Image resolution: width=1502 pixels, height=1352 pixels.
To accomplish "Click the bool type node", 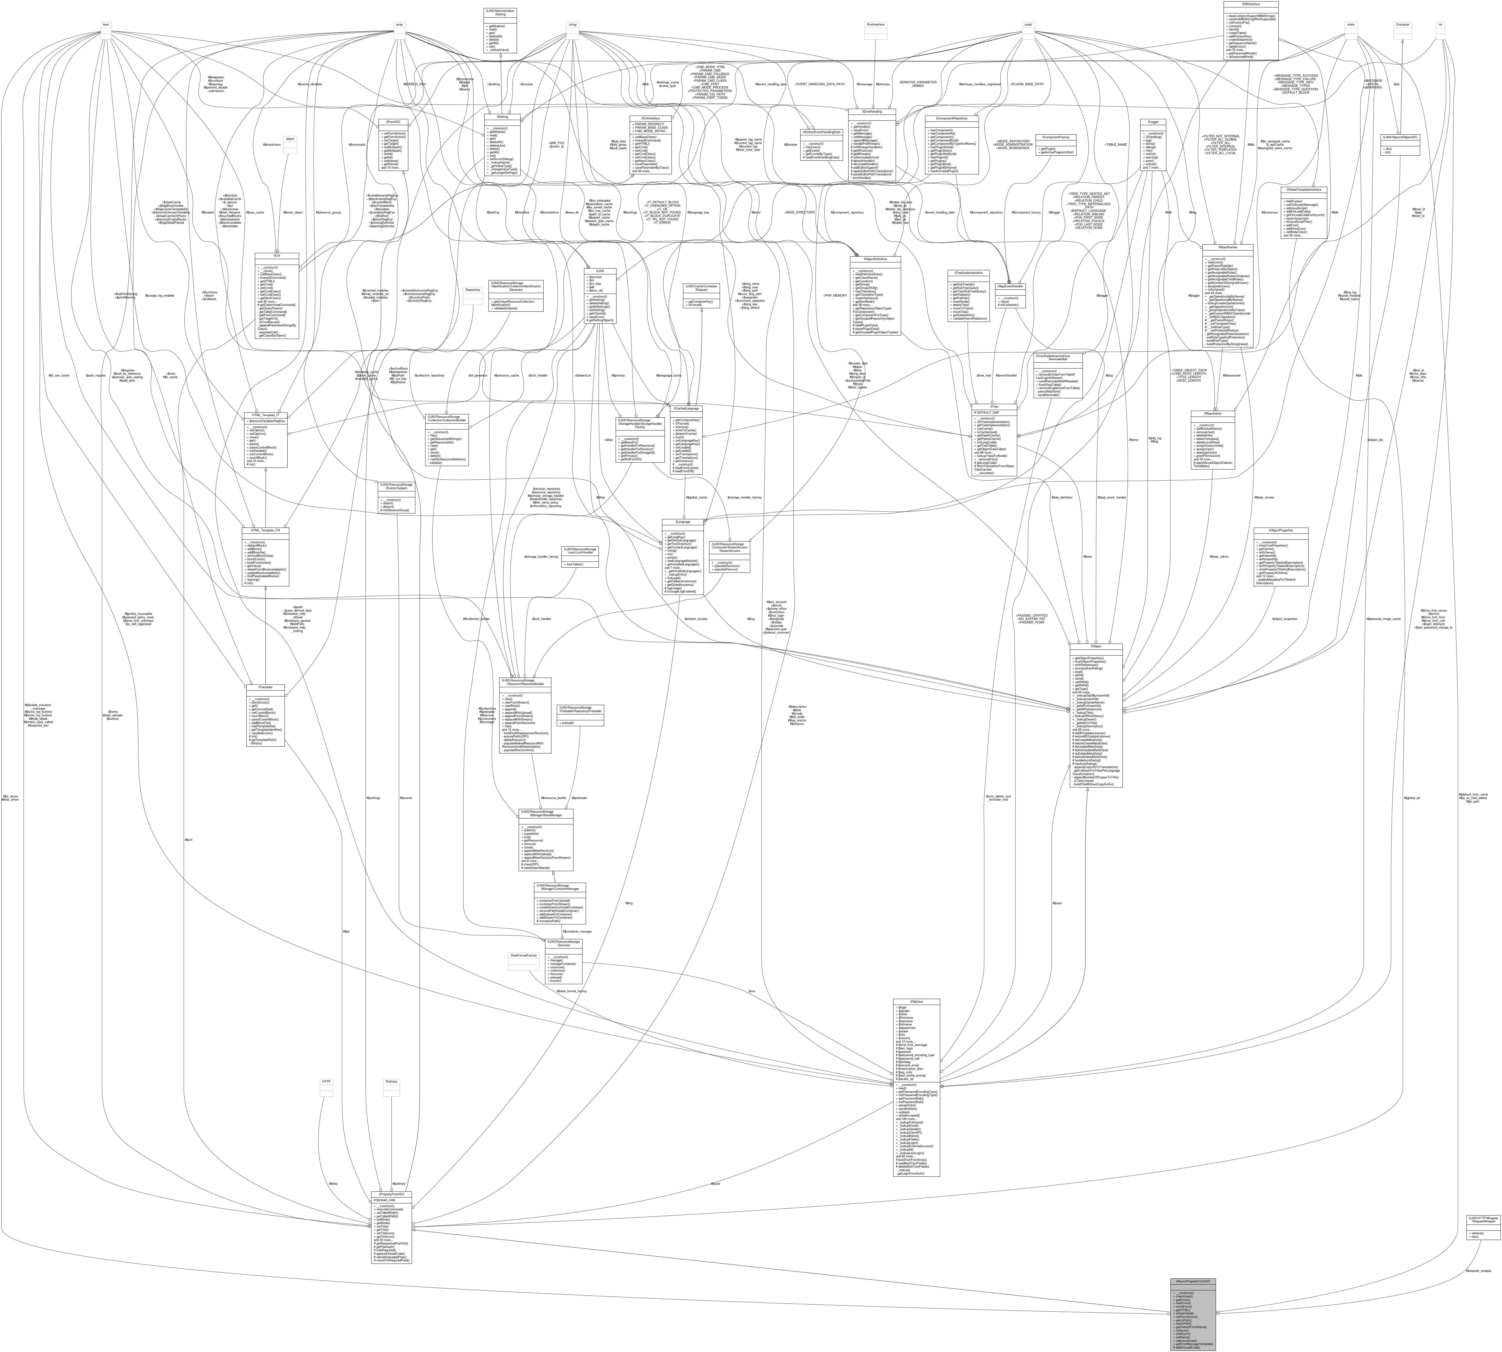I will (x=106, y=25).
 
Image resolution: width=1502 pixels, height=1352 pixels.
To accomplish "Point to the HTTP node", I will (x=325, y=1082).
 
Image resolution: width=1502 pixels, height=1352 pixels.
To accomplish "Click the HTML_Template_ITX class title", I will (x=265, y=530).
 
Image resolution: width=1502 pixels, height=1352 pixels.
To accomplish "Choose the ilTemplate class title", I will (x=265, y=687).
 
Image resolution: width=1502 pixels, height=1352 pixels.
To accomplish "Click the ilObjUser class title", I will (x=917, y=1001).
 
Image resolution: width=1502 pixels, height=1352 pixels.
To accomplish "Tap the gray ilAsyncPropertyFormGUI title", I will (x=1193, y=1281).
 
